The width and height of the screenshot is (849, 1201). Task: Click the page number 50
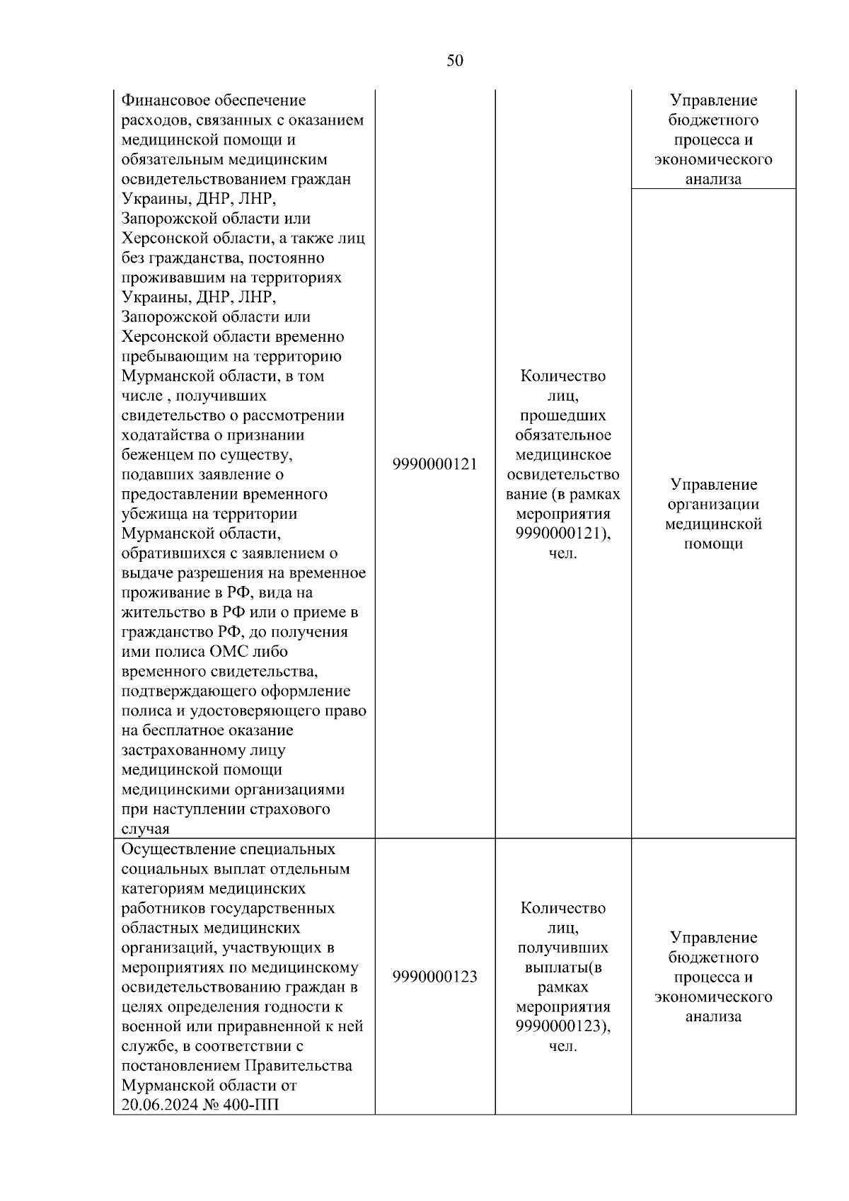coord(455,61)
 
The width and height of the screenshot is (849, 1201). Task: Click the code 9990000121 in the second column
coord(434,464)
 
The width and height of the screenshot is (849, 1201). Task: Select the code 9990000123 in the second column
coord(434,977)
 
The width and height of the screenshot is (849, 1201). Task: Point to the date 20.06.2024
coord(159,1105)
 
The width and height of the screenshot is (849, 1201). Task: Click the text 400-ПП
coord(251,1105)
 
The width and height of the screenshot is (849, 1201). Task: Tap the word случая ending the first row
coord(145,829)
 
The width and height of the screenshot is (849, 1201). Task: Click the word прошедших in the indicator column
coord(562,415)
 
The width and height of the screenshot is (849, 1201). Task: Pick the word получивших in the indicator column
coord(562,948)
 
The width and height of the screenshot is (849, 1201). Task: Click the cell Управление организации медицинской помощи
coord(712,514)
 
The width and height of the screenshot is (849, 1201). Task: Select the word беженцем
coord(155,454)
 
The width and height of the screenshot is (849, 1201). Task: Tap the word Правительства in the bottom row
coord(298,1066)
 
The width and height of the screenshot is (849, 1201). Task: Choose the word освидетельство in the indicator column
coord(562,474)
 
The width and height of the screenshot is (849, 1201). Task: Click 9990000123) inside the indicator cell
coord(562,1026)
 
